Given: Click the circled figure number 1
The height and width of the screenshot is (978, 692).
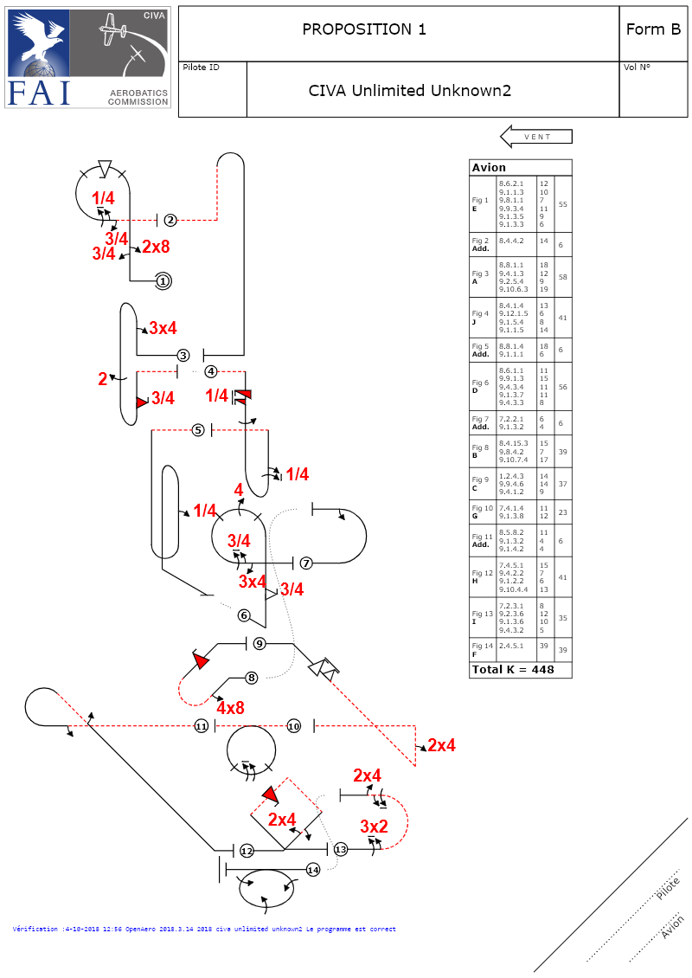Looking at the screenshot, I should [x=164, y=280].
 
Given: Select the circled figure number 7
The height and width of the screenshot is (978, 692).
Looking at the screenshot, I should [x=306, y=563].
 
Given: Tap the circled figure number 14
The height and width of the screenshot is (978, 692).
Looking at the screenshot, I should [x=313, y=870].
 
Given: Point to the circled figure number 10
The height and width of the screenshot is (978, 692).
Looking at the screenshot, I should [x=294, y=726].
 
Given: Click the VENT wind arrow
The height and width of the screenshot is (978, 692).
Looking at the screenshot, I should [x=536, y=137].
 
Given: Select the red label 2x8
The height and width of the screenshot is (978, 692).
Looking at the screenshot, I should [x=156, y=247].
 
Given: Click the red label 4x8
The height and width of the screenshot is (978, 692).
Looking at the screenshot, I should [x=230, y=708].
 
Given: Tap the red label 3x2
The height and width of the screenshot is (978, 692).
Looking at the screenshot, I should [x=374, y=827].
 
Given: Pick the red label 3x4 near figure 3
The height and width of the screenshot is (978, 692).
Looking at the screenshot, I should [x=163, y=328].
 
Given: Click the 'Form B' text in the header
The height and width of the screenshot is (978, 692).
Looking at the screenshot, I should [x=652, y=29].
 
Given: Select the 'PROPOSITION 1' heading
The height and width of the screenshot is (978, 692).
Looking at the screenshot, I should [x=364, y=29].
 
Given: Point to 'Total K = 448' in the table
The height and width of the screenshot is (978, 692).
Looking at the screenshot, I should [x=513, y=669].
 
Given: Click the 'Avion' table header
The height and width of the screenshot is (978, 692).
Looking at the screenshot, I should [x=489, y=168].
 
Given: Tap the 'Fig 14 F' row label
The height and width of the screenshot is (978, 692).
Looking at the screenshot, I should [x=481, y=649].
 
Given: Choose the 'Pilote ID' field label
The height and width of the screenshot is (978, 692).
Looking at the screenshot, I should [x=201, y=68].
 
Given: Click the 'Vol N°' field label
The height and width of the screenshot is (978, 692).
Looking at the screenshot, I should [x=637, y=68].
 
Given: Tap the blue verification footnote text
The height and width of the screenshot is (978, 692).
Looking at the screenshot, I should [x=204, y=929].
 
